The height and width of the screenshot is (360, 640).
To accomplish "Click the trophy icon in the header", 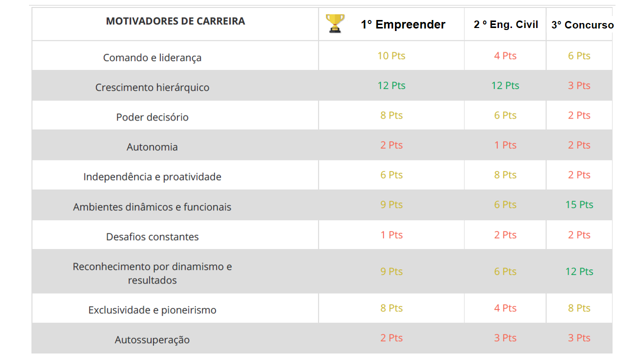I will click(x=335, y=23).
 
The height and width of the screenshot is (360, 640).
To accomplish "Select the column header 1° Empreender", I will click(x=403, y=24).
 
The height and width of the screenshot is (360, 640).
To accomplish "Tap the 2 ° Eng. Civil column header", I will click(x=505, y=24).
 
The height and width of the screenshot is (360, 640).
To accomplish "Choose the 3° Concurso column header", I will click(x=582, y=25).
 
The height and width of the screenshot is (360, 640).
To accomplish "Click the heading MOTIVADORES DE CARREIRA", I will click(x=175, y=21).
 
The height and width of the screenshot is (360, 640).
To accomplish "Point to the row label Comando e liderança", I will click(x=152, y=57).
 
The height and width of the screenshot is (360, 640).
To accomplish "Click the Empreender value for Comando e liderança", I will click(x=391, y=55).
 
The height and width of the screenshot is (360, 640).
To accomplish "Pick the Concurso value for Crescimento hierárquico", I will click(x=579, y=85).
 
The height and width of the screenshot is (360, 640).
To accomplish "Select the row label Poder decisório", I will click(x=152, y=117).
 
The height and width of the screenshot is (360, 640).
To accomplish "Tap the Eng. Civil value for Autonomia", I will click(x=505, y=145).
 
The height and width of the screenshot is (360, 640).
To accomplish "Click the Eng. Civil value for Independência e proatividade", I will click(x=505, y=175).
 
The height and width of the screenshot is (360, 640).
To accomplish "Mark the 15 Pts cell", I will click(x=579, y=204).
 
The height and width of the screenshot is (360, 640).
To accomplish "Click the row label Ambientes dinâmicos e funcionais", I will click(x=152, y=206).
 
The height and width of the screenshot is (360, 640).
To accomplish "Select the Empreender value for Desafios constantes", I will click(x=391, y=235).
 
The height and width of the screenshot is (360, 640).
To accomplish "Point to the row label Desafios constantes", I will click(x=152, y=236).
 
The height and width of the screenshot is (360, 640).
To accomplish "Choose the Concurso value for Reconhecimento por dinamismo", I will click(x=579, y=271).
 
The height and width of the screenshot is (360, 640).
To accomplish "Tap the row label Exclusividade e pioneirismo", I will click(x=152, y=310).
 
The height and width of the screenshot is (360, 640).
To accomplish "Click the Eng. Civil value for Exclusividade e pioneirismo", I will click(x=505, y=308).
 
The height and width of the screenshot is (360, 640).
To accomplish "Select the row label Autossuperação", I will click(x=152, y=339).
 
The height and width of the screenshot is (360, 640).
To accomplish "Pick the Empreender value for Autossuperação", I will click(x=391, y=338).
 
